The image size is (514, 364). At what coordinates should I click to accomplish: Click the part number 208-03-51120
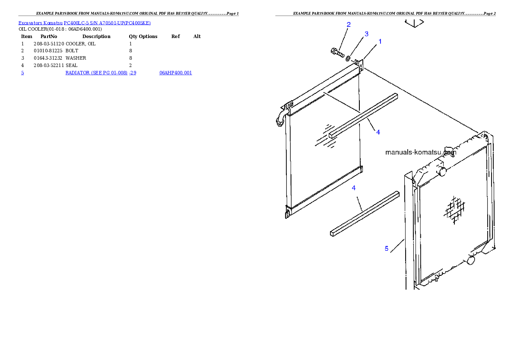tap(49, 44)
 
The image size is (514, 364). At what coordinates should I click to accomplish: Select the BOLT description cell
tap(72, 51)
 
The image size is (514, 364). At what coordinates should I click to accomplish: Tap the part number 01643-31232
tap(48, 58)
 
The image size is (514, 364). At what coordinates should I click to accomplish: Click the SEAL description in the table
tap(71, 65)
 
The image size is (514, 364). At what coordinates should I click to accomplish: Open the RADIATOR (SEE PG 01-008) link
tap(96, 73)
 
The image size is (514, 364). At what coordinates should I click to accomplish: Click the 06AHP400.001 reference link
tap(176, 73)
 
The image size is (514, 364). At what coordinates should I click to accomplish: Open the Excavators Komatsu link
tap(40, 23)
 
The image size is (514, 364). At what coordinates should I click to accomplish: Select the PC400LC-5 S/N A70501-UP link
tap(107, 23)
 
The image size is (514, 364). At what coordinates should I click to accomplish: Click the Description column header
tap(96, 36)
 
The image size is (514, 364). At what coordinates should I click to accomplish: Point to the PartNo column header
tap(49, 36)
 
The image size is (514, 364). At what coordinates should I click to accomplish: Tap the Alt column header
tap(197, 36)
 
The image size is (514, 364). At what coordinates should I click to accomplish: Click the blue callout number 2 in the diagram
tap(349, 24)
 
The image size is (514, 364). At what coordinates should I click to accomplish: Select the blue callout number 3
tap(366, 34)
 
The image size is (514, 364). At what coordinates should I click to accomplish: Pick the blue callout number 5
tap(387, 249)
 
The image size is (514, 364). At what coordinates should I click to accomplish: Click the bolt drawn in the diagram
tap(337, 52)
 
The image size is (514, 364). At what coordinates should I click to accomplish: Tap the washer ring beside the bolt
tap(348, 58)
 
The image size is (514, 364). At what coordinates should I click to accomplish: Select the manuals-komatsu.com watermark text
tap(421, 152)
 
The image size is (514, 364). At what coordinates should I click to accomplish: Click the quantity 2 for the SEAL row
tap(130, 65)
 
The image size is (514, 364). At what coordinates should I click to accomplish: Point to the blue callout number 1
tap(380, 42)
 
